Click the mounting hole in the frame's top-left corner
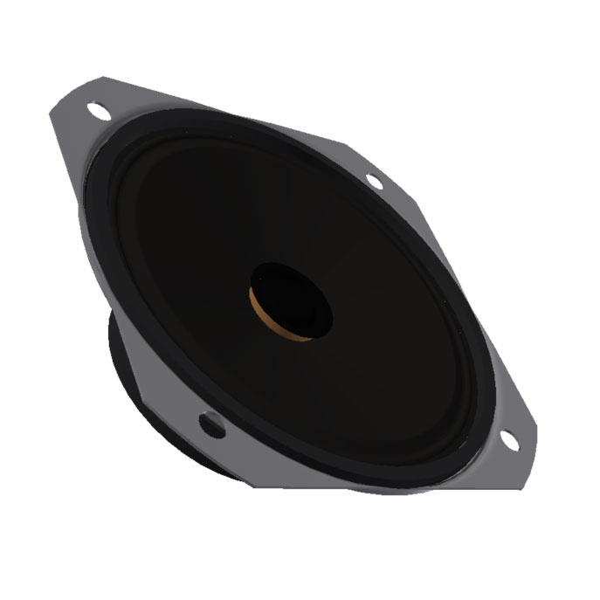point(100,112)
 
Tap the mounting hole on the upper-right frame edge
point(374,182)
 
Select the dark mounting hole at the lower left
point(211,424)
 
